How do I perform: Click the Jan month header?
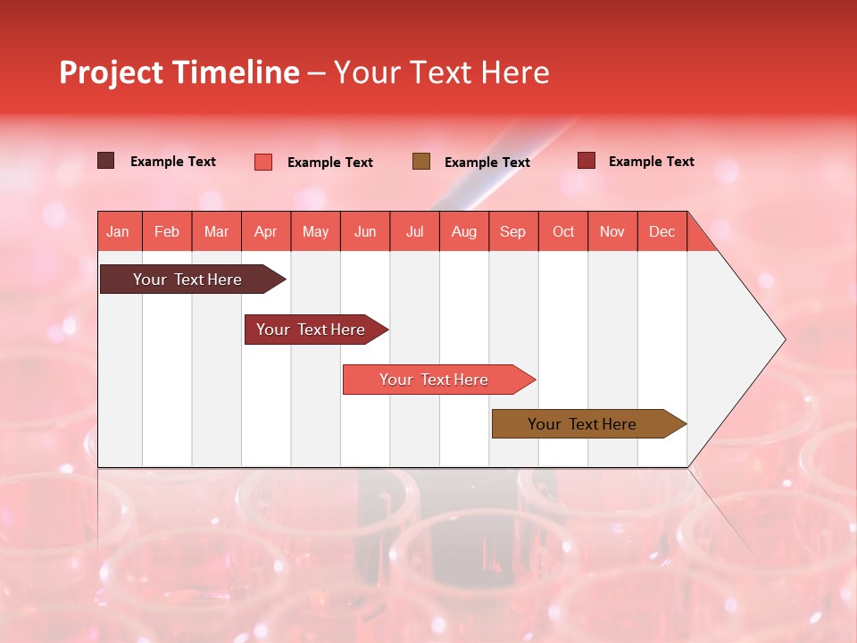click(119, 231)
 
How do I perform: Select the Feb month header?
click(167, 231)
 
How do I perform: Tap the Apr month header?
click(266, 231)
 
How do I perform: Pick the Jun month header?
click(365, 231)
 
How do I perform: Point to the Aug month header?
click(464, 231)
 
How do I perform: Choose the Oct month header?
click(563, 231)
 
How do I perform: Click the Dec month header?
click(662, 231)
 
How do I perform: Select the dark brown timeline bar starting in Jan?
click(188, 280)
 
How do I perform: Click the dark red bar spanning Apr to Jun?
click(312, 330)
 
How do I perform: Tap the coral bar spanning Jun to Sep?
click(435, 380)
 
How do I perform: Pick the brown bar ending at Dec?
click(583, 424)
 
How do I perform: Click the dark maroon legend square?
click(106, 161)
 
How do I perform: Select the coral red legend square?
click(263, 162)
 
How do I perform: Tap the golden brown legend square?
click(421, 161)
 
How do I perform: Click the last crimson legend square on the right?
click(587, 161)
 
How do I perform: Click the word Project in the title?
click(112, 72)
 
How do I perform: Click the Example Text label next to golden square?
click(487, 162)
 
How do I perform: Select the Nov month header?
click(612, 231)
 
